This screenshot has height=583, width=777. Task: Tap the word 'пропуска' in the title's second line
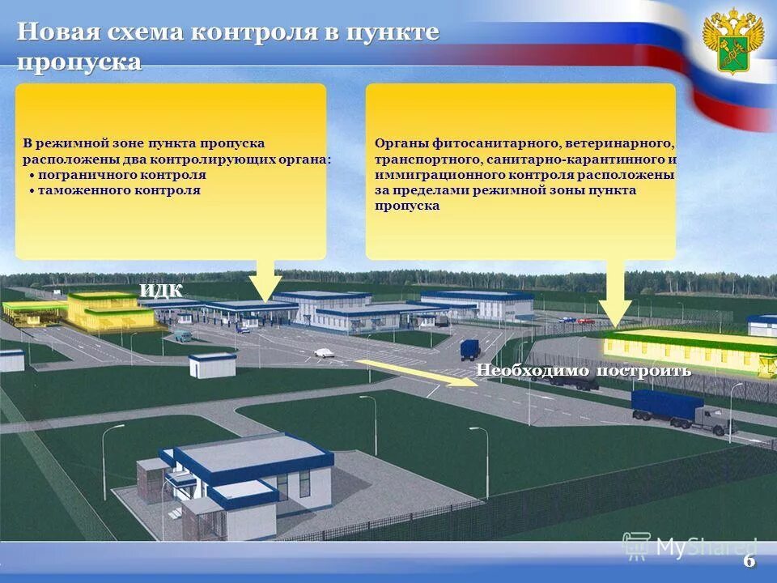[79, 63]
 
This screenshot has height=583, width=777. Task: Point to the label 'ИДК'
[161, 290]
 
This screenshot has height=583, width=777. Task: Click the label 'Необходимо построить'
[583, 371]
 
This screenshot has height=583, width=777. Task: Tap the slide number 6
[749, 561]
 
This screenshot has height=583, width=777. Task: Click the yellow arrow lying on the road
[417, 373]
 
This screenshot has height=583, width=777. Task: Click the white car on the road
[324, 352]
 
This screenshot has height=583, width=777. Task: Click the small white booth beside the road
[212, 365]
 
